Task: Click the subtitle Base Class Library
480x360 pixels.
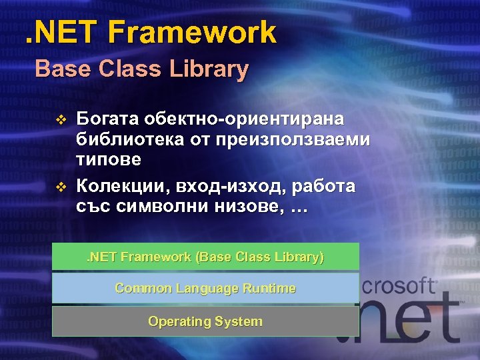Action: click(142, 69)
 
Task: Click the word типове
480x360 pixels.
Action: click(109, 160)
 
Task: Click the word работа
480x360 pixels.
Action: click(319, 185)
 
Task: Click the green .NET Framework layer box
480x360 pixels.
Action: click(205, 257)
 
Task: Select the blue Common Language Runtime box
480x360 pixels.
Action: click(205, 288)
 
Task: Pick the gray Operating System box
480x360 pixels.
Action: click(205, 321)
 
